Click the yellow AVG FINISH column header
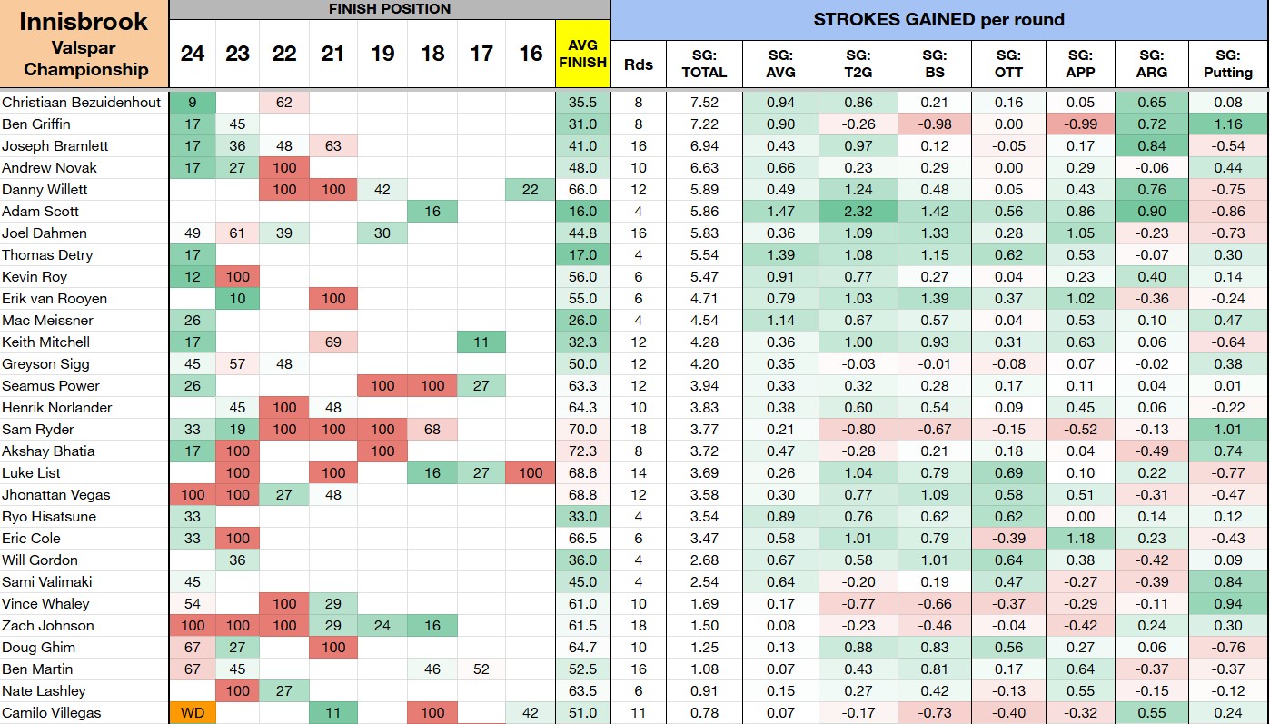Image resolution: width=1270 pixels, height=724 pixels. click(583, 54)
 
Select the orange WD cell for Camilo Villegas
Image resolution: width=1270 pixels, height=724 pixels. click(193, 713)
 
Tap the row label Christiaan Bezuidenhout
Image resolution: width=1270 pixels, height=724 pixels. click(81, 102)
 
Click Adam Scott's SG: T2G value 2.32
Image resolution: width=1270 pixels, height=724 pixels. click(858, 212)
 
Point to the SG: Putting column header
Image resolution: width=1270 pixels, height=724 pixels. click(1227, 64)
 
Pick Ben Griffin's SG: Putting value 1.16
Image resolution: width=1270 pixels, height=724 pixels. click(1228, 124)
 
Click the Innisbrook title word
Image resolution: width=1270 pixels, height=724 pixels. click(84, 22)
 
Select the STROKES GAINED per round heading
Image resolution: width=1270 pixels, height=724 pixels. click(939, 20)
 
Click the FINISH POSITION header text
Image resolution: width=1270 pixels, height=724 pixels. click(390, 8)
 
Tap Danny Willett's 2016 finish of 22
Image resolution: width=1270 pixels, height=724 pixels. click(531, 189)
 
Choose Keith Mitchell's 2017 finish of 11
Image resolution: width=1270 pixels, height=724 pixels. click(481, 342)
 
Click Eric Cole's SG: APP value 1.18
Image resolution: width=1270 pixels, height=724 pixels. click(1080, 538)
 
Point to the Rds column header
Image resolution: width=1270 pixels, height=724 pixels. click(639, 64)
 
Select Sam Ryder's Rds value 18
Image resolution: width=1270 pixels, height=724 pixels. click(639, 429)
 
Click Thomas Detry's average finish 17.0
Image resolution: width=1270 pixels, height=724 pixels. click(583, 255)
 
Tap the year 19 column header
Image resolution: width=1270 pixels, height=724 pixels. click(382, 54)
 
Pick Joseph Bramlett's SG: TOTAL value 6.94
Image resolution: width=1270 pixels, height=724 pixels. click(704, 145)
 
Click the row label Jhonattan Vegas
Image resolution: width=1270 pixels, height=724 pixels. click(55, 495)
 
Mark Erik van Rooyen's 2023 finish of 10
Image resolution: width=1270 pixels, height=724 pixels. click(237, 298)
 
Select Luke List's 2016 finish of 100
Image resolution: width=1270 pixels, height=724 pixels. click(531, 473)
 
